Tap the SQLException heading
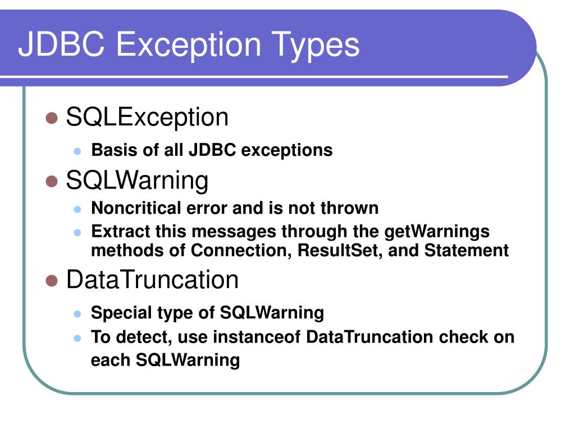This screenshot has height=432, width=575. (147, 118)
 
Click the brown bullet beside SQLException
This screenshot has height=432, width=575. (52, 118)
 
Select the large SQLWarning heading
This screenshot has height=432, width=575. (137, 181)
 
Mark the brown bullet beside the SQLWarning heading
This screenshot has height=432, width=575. (52, 181)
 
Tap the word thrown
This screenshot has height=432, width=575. (349, 208)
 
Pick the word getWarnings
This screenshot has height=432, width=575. (437, 231)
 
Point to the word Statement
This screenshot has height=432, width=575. (466, 250)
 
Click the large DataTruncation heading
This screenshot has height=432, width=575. (152, 280)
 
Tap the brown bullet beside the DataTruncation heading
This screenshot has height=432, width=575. (52, 280)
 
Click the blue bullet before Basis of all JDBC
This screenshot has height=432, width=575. (78, 151)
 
